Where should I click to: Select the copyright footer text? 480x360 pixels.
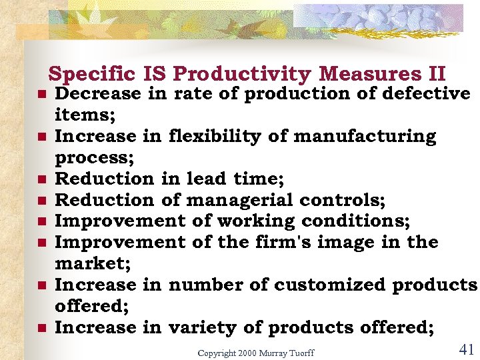pyautogui.click(x=255, y=352)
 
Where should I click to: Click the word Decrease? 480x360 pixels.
pyautogui.click(x=98, y=94)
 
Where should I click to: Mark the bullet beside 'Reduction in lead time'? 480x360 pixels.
pyautogui.click(x=41, y=179)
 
